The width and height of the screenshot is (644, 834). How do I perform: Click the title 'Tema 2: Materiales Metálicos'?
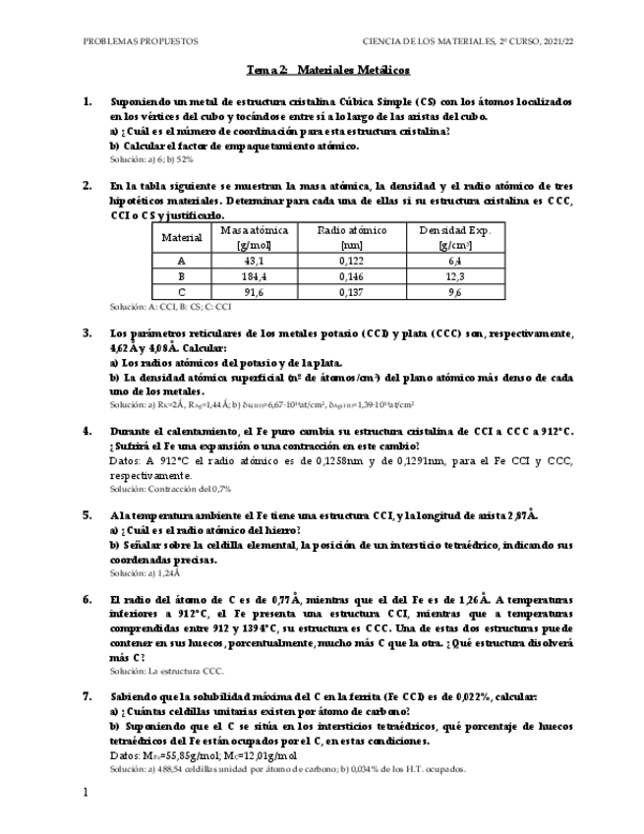(327, 71)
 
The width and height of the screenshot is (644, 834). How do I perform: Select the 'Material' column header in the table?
(181, 237)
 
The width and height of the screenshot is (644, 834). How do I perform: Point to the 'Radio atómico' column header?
(351, 237)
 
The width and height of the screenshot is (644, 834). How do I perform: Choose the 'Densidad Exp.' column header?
(454, 237)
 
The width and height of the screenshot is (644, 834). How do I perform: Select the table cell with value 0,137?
(351, 292)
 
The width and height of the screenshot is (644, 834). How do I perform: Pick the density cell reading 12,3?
(454, 276)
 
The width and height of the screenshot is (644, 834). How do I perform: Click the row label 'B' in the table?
(181, 276)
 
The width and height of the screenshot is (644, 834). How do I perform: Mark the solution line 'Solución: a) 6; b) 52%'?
(151, 158)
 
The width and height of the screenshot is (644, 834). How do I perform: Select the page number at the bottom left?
(86, 793)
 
